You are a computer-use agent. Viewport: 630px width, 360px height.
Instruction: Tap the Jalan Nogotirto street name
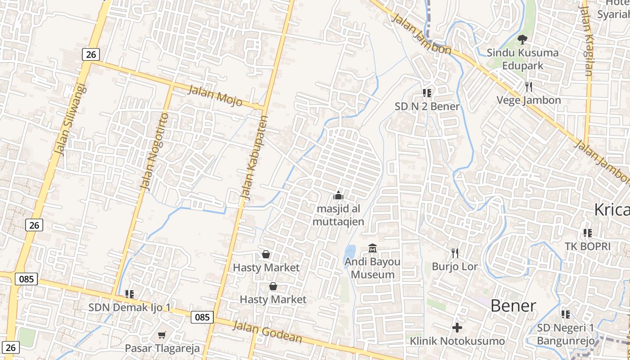tap(154, 151)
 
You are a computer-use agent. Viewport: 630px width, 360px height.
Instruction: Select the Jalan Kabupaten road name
tap(254, 158)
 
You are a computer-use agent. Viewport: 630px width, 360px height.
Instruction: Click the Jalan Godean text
tap(267, 332)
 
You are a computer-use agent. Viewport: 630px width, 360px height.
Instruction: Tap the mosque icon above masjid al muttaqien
tap(338, 195)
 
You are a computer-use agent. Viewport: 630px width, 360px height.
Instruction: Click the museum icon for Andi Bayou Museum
tap(373, 248)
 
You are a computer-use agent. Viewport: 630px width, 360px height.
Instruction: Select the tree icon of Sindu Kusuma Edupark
tap(522, 40)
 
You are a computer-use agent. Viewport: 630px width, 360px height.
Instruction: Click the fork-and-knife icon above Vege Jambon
tap(529, 86)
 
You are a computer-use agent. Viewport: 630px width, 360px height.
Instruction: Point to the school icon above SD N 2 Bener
tap(427, 93)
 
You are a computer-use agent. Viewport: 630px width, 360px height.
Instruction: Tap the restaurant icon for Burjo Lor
tap(455, 253)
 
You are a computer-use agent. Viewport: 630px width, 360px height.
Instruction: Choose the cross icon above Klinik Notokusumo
tap(457, 328)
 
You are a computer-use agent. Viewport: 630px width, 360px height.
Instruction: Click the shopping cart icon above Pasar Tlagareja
tap(162, 335)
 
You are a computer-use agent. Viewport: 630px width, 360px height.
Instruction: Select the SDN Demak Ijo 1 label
tap(130, 308)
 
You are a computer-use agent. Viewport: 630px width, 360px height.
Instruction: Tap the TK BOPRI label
tap(588, 246)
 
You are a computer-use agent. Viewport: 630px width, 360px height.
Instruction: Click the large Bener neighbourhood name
tap(513, 306)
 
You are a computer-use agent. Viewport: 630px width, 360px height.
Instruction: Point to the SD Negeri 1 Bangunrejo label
tap(566, 334)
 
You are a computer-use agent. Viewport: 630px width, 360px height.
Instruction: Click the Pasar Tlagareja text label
tap(162, 348)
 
